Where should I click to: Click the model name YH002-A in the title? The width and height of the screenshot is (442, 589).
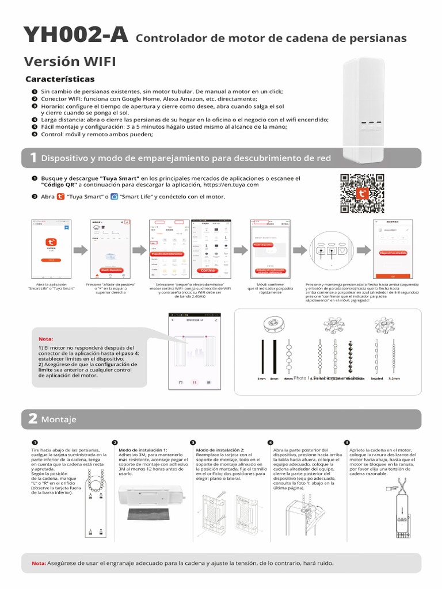pos(75,36)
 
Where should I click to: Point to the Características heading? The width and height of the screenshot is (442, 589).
pos(60,79)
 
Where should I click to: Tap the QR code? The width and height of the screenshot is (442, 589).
pos(362,194)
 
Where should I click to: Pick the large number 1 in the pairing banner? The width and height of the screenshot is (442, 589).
pos(33,158)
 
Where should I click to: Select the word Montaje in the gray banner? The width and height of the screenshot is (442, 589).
pos(59,420)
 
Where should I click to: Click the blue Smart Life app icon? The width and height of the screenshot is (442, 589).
pos(114,197)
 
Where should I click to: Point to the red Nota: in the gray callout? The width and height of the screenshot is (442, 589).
pos(45,339)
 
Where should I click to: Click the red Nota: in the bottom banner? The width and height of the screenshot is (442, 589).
pos(39,563)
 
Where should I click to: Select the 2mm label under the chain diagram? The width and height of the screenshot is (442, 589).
pos(262,379)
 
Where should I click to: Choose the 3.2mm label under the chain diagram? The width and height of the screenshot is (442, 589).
pos(394,379)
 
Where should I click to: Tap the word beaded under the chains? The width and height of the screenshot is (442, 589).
pos(376,379)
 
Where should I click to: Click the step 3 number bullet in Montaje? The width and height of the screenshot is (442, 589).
pos(193,442)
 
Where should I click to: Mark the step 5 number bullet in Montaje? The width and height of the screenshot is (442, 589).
pos(346,442)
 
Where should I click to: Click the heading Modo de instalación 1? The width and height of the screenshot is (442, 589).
pos(142,450)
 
